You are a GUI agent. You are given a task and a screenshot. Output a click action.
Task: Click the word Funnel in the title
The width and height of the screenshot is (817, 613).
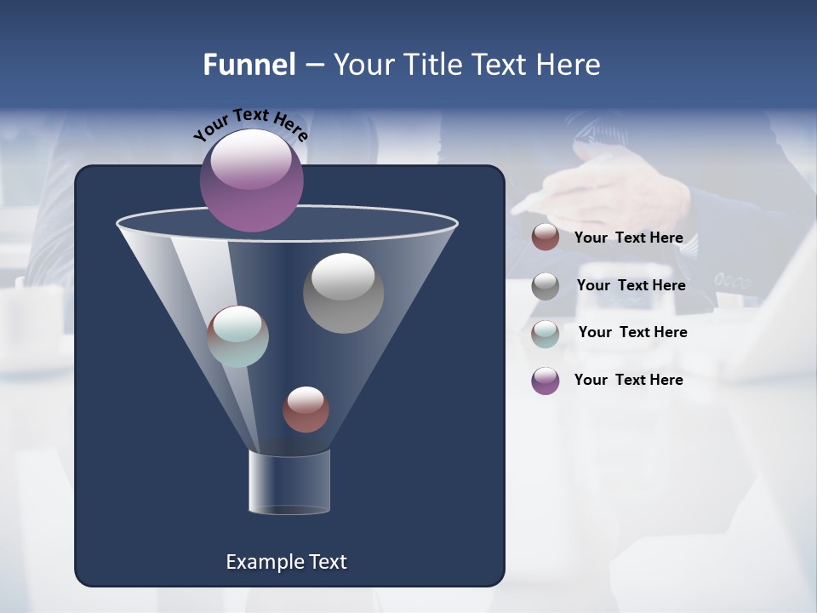[x=249, y=65]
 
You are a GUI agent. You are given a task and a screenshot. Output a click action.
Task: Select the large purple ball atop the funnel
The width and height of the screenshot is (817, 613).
[x=252, y=180]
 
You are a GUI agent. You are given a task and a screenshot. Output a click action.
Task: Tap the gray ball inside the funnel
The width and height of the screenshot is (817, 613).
[x=343, y=293]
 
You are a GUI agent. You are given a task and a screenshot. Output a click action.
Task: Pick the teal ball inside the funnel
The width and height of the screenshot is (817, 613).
[x=238, y=336]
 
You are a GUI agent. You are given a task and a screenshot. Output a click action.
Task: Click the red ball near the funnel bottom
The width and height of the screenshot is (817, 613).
[x=306, y=410]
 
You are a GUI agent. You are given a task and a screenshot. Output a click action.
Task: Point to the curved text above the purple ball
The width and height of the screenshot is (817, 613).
[x=250, y=123]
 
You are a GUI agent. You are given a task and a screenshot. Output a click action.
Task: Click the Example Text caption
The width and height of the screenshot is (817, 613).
[x=286, y=562]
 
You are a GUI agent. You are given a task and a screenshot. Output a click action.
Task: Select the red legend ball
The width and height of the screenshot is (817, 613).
[x=546, y=238]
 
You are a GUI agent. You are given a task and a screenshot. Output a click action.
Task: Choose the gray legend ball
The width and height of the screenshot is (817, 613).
[x=546, y=286]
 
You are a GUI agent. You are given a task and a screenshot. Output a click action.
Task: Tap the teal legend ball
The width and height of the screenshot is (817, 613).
[x=546, y=333]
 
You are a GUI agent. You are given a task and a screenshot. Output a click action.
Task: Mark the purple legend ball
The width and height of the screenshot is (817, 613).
[x=546, y=381]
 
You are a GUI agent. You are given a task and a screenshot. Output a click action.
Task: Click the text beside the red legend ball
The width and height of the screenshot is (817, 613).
[x=628, y=238]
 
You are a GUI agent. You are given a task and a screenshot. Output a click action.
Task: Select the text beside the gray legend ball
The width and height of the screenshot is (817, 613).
[x=631, y=286]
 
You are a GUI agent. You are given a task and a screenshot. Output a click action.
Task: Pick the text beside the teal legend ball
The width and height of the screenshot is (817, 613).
[x=632, y=333]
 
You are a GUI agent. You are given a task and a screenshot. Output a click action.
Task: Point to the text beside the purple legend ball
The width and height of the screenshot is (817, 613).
[x=628, y=381]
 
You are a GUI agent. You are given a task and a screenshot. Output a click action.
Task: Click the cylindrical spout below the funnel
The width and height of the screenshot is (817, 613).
[x=289, y=483]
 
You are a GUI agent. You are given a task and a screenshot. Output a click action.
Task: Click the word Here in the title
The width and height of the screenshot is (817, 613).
[x=569, y=65]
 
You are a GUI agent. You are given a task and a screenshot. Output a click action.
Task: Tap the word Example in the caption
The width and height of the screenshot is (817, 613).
[x=261, y=562]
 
